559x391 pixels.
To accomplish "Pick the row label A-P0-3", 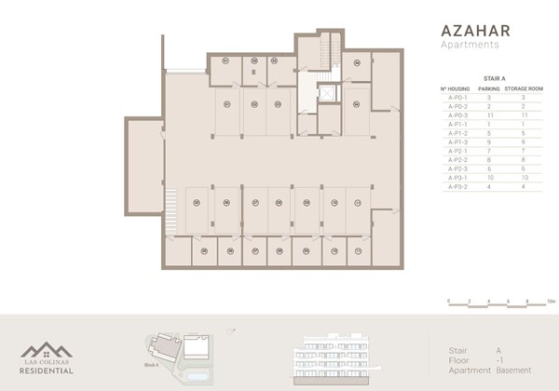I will pyautogui.click(x=454, y=114).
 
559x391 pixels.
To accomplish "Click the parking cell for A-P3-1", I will pyautogui.click(x=489, y=177).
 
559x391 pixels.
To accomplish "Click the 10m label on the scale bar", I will pyautogui.click(x=551, y=302).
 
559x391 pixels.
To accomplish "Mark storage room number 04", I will pyautogui.click(x=356, y=62).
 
